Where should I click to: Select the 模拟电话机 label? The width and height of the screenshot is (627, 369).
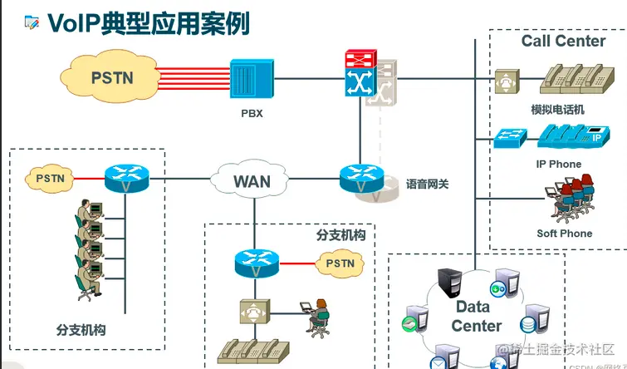557,110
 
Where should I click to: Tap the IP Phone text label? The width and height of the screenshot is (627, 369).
558,164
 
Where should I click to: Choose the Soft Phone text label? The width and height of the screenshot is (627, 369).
564,234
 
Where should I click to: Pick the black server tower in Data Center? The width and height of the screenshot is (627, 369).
449,283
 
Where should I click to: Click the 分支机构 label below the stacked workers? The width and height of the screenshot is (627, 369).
81,330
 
